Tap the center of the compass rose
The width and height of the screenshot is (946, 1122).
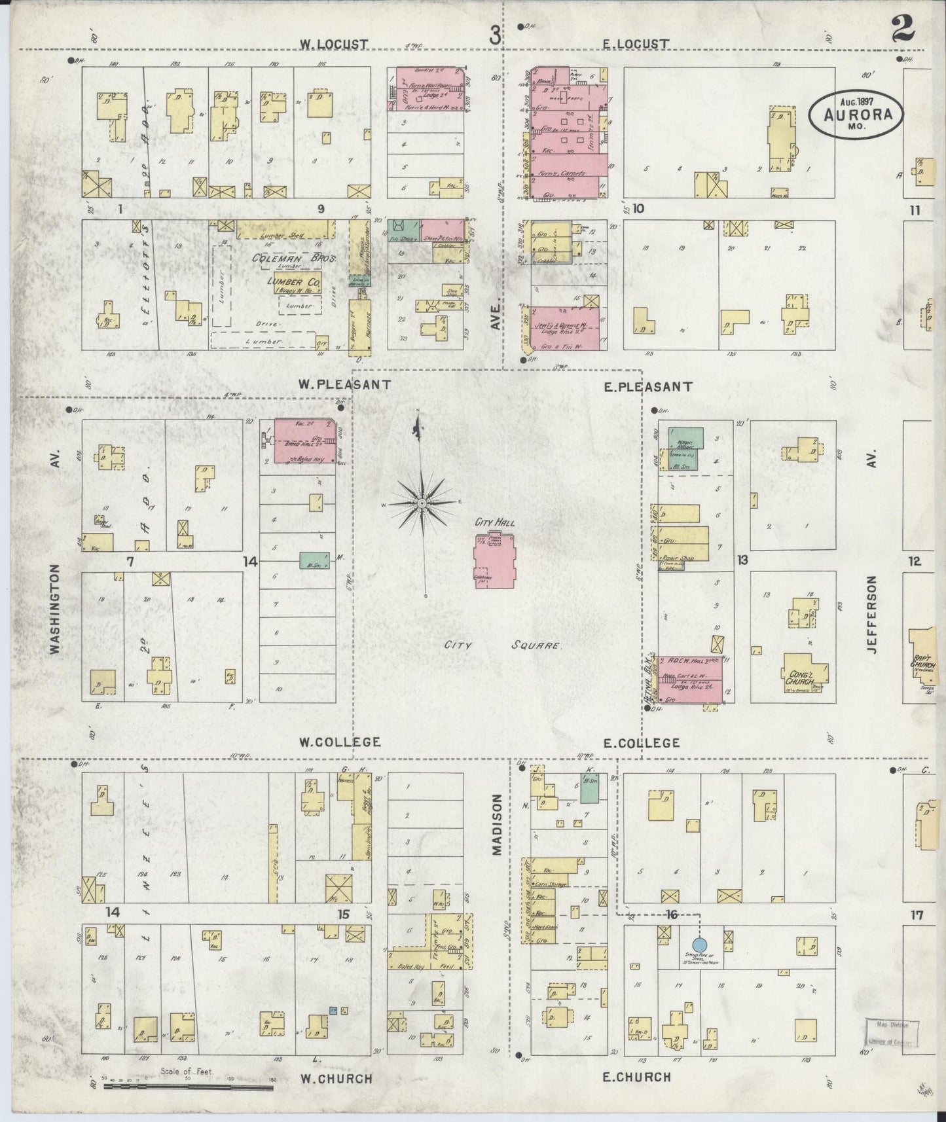(x=422, y=503)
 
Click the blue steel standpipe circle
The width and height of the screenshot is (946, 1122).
(x=699, y=945)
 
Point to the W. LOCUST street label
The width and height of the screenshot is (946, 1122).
(x=334, y=44)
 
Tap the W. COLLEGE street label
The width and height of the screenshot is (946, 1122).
(x=339, y=742)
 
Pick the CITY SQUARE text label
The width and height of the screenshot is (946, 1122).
(x=502, y=645)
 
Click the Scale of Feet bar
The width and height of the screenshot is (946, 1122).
(x=188, y=1087)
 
